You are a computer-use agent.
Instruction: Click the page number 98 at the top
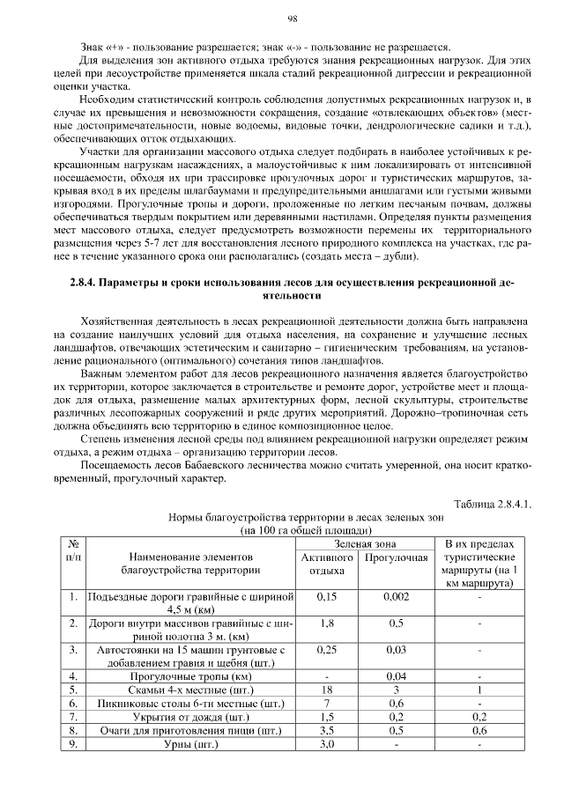pos(292,18)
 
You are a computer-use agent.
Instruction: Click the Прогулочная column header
pos(396,557)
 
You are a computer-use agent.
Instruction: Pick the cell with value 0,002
pos(396,597)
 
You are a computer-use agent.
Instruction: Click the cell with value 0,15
pos(327,597)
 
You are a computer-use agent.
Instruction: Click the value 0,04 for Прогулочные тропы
pos(396,676)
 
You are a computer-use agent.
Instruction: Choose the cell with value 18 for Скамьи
pos(327,690)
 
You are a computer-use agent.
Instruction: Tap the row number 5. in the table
pos(74,690)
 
